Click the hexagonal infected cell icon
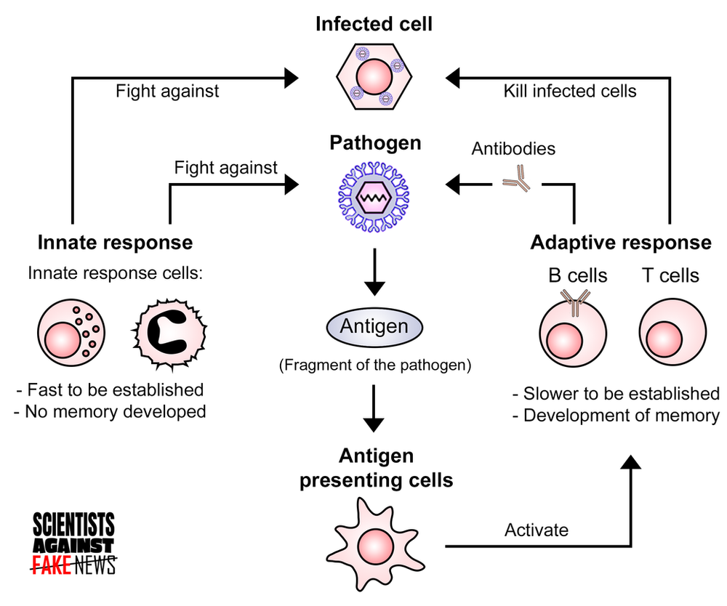click(374, 77)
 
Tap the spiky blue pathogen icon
click(373, 195)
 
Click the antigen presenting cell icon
click(374, 543)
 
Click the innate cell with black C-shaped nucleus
click(168, 331)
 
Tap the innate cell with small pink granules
click(72, 331)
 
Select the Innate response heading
click(115, 242)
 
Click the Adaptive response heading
click(621, 242)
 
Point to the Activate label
click(536, 530)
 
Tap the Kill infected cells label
click(570, 91)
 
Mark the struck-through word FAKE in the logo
click(51, 564)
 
